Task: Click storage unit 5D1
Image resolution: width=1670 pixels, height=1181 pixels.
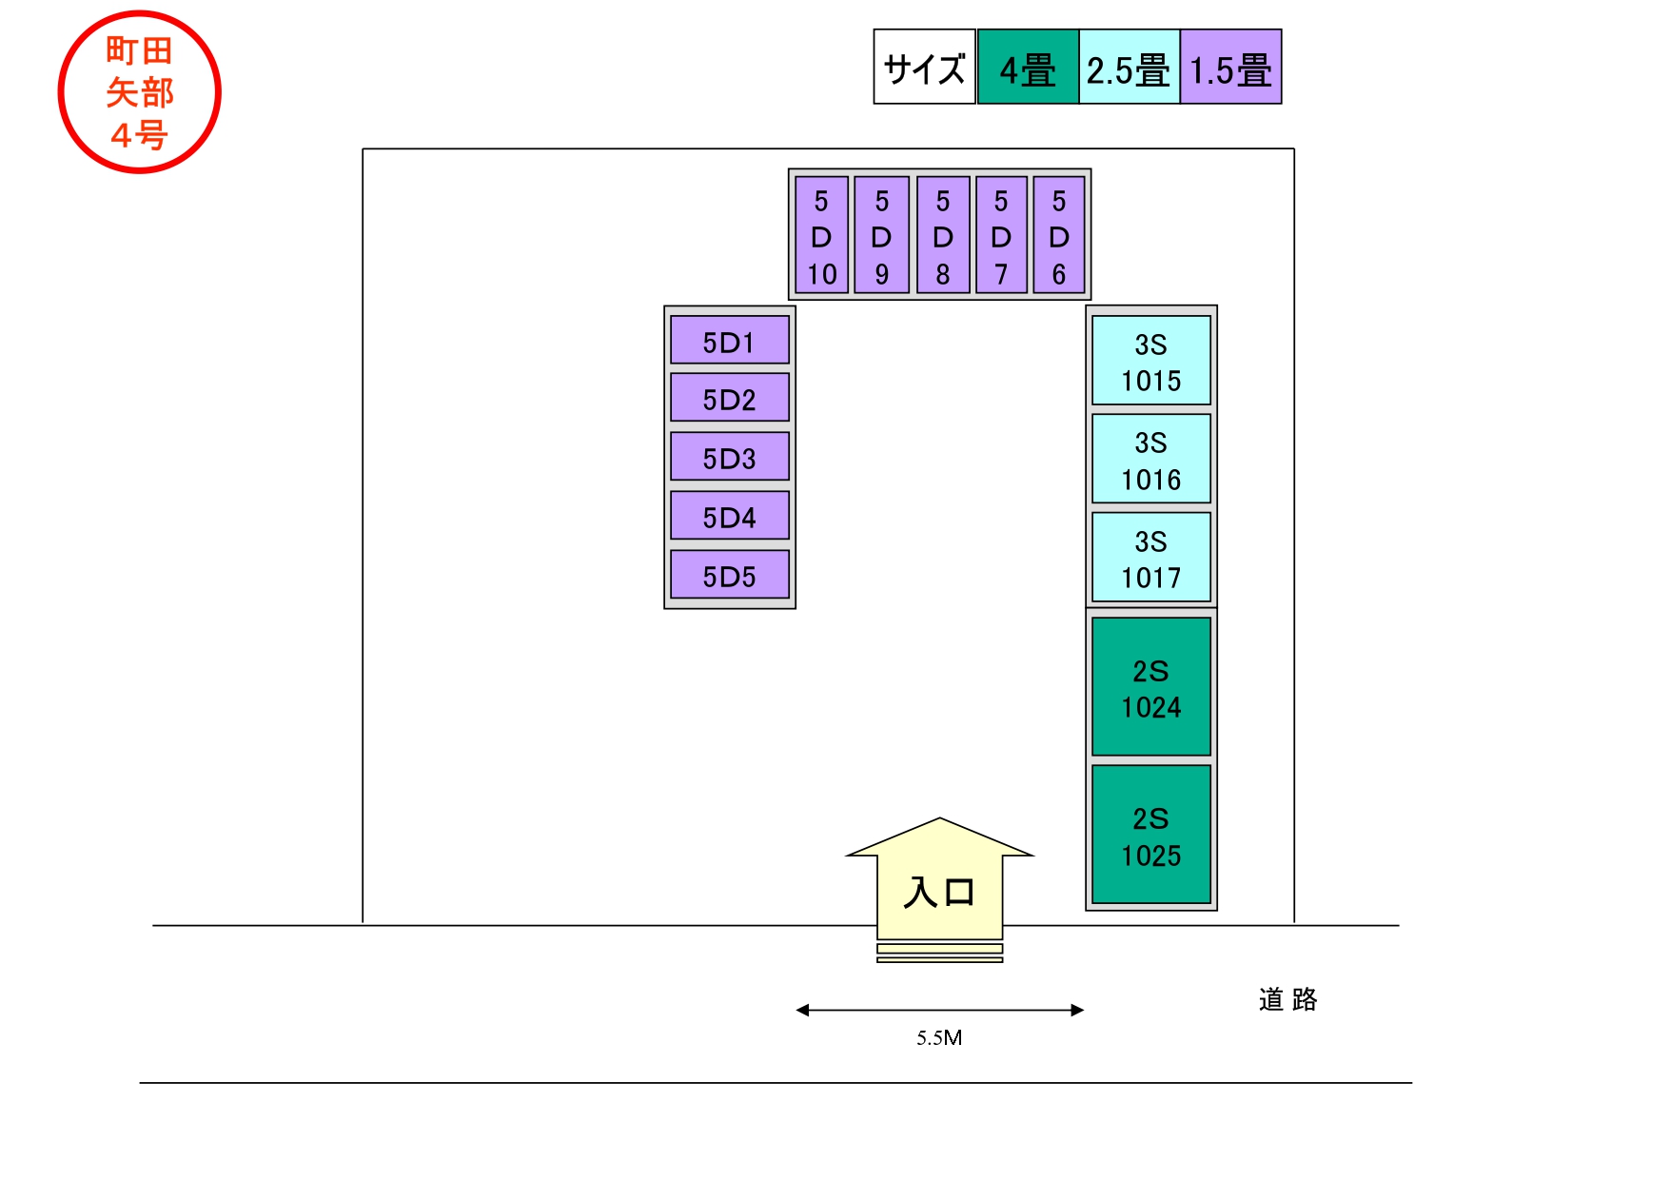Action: (729, 341)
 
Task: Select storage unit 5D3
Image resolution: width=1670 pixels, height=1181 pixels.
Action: (729, 458)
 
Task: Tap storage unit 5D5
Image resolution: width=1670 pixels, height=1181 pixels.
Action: (729, 576)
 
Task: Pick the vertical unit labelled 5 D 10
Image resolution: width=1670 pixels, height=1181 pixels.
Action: (821, 236)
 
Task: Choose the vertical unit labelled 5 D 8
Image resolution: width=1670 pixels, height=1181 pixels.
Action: (942, 236)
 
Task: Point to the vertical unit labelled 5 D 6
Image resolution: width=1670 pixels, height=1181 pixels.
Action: (1058, 236)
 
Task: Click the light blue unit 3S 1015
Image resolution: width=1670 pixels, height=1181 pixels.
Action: (1150, 362)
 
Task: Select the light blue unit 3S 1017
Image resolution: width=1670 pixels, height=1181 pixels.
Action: (1150, 559)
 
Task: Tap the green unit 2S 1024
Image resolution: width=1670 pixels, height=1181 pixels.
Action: (1150, 688)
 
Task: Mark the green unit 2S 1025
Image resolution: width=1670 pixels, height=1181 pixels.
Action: (1150, 836)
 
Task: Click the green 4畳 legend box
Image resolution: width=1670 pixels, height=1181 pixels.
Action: (1028, 68)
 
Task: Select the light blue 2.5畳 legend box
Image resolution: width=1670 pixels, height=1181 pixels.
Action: (1129, 68)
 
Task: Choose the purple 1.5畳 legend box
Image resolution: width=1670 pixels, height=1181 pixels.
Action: (1230, 68)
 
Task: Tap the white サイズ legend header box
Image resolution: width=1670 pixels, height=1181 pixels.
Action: (924, 68)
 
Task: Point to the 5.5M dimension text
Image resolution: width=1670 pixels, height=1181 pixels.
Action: (939, 1038)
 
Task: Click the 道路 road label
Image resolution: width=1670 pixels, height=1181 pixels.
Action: (1287, 999)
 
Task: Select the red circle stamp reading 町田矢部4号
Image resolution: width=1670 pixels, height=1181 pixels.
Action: (140, 92)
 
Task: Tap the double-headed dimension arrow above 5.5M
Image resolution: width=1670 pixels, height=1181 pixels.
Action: (939, 1010)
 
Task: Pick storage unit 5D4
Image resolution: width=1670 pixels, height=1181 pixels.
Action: (729, 517)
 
